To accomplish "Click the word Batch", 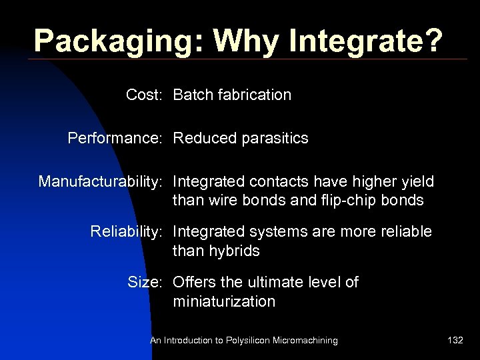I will pos(192,95).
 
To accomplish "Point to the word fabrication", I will pos(254,95).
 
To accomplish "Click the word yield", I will pos(417,181).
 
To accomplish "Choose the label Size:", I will pos(145,283).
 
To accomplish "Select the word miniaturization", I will pos(224,301).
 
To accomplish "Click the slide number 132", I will pos(455,341).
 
